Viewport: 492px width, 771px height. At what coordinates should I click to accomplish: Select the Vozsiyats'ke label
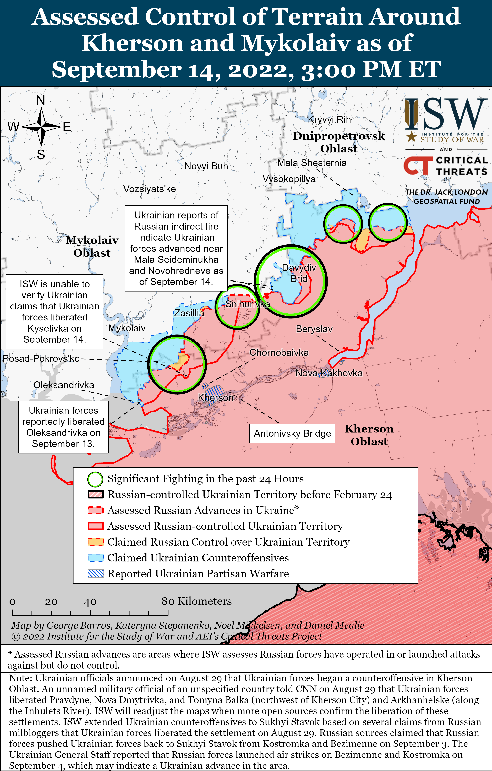point(150,189)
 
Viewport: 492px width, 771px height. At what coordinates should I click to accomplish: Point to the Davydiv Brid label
point(299,273)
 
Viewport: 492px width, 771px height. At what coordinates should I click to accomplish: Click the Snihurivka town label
point(247,304)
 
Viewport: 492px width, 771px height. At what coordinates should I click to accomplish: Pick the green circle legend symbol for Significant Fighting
point(95,479)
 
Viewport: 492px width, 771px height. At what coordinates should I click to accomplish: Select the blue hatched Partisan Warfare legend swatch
point(96,573)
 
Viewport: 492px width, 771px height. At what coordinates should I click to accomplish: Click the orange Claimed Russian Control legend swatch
point(96,542)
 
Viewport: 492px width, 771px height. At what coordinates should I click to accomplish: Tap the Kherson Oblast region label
point(369,435)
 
